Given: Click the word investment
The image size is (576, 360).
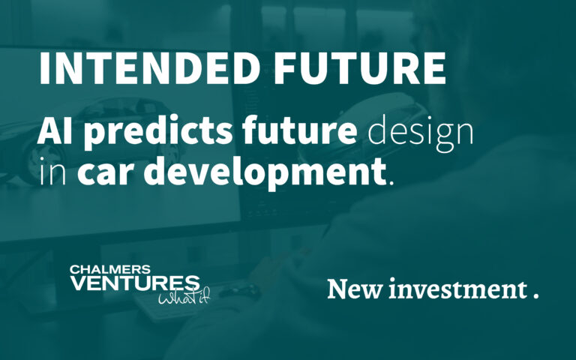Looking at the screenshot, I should click(452, 289).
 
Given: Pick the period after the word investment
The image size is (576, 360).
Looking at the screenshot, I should click(535, 296).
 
